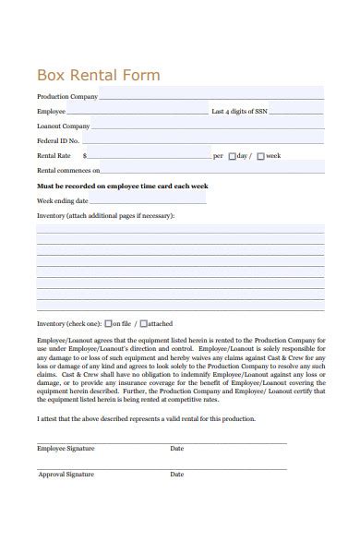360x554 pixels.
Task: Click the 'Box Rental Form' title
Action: point(98,75)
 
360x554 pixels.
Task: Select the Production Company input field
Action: point(211,95)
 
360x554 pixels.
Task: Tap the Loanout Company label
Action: point(64,126)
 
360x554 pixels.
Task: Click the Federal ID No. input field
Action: point(202,140)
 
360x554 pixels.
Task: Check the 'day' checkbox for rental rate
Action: point(233,156)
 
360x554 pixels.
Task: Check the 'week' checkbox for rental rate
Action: point(260,156)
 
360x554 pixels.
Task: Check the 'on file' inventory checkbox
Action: point(109,324)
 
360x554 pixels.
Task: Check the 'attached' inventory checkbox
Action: point(143,324)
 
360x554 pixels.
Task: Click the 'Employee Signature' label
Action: point(66,448)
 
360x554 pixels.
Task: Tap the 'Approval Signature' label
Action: point(66,474)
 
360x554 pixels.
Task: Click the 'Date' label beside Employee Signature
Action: point(177,448)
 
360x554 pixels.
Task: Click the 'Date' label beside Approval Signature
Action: point(177,474)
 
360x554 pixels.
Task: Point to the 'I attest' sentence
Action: point(146,418)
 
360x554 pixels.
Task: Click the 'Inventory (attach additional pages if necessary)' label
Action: point(105,215)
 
